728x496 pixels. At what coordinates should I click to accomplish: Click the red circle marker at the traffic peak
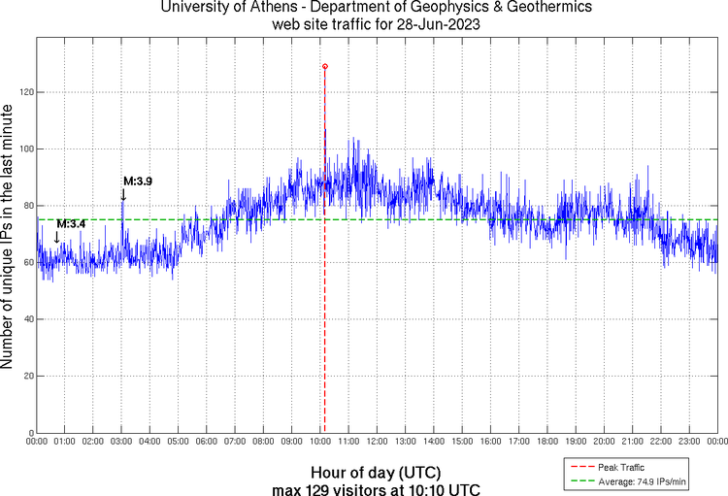point(324,66)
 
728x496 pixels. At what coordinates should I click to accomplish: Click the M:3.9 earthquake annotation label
point(137,181)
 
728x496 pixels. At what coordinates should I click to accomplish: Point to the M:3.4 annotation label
point(71,224)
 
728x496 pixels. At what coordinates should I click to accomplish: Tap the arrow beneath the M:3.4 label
point(56,237)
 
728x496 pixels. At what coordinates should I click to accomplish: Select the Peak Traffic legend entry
point(621,467)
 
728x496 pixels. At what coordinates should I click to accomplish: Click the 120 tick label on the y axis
point(23,92)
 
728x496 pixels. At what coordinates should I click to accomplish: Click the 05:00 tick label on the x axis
point(179,441)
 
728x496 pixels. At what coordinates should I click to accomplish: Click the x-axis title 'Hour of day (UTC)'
point(376,472)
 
